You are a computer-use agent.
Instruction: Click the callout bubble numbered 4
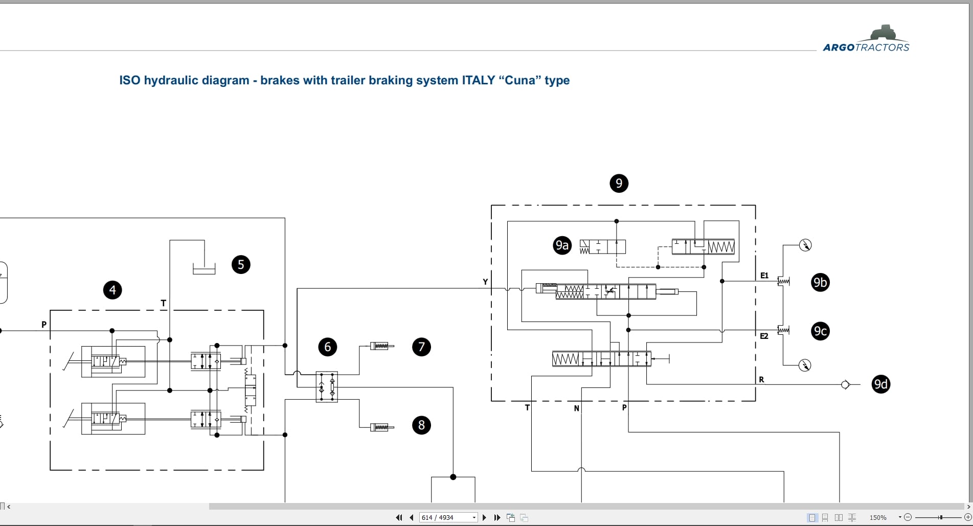(x=112, y=290)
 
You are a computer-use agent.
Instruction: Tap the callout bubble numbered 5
(x=241, y=264)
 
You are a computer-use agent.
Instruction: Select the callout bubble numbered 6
(x=328, y=347)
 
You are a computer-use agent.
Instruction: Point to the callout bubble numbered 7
(x=421, y=347)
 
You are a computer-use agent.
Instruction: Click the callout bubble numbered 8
(x=421, y=425)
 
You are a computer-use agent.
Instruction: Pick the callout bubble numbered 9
(x=619, y=183)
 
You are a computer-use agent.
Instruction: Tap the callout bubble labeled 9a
(x=562, y=245)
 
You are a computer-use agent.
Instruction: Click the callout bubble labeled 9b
(x=820, y=282)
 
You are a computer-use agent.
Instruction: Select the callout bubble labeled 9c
(x=820, y=331)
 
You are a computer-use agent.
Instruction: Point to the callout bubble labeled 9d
(x=880, y=384)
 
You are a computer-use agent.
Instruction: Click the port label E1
(x=764, y=276)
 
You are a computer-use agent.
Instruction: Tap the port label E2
(x=764, y=336)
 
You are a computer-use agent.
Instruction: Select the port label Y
(x=485, y=282)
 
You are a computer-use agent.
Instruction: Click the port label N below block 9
(x=576, y=408)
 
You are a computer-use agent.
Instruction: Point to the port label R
(x=761, y=379)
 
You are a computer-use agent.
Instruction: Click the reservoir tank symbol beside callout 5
(x=204, y=268)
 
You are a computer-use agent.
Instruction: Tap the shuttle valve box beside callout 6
(x=327, y=387)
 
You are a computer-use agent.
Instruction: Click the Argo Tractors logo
(x=866, y=38)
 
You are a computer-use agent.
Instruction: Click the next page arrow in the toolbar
(x=484, y=517)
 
